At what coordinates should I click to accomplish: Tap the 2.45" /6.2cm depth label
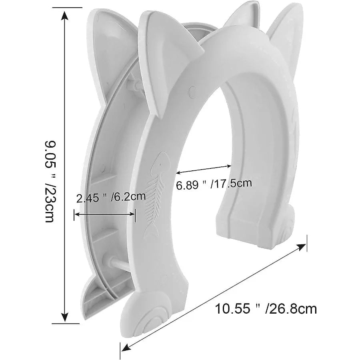click(110, 197)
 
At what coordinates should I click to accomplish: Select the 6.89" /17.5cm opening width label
click(214, 184)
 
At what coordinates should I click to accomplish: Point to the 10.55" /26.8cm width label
click(266, 308)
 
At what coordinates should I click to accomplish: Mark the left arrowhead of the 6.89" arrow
click(178, 173)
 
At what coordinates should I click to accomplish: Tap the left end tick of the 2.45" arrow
click(74, 215)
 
